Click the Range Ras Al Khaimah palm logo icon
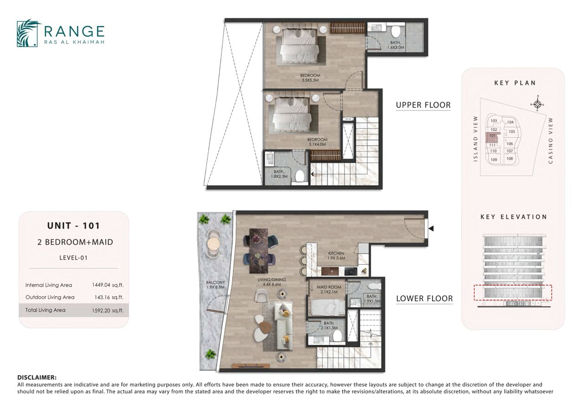28,33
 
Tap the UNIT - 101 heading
74,225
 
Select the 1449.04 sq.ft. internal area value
108,285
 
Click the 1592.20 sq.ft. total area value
108,310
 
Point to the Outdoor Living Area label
50,297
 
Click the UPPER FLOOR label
423,105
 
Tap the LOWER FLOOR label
424,298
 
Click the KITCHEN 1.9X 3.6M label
336,256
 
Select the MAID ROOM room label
329,287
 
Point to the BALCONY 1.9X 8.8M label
215,285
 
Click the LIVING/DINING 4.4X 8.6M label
272,282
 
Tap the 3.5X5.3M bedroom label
310,80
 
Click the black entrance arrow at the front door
431,229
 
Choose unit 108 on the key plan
510,158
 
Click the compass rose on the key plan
537,105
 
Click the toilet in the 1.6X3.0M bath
396,31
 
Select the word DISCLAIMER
37,377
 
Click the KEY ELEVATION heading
514,217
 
